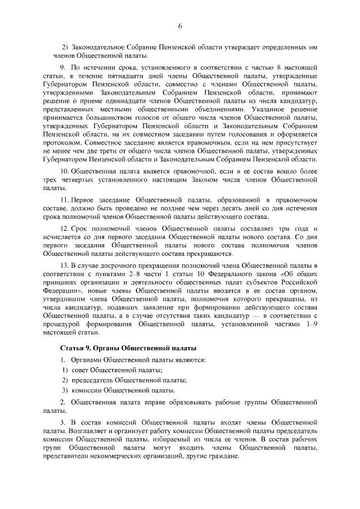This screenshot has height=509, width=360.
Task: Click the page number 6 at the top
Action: (180, 26)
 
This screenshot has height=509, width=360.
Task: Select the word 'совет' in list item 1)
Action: (79, 370)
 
